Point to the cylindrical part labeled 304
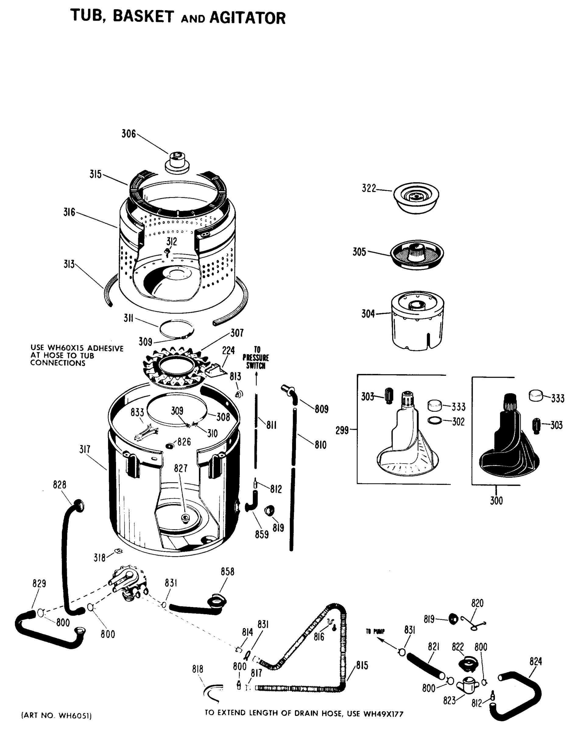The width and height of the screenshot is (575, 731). coord(418,322)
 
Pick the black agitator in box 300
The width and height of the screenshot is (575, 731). coord(508,444)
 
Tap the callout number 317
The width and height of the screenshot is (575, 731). coord(85,449)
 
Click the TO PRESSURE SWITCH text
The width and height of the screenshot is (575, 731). coord(256,358)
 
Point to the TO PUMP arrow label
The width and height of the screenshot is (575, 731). coord(375,631)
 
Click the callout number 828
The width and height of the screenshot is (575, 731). coord(60,485)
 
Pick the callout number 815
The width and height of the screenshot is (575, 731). coord(362,665)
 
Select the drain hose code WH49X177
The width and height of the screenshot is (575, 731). coord(383,713)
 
